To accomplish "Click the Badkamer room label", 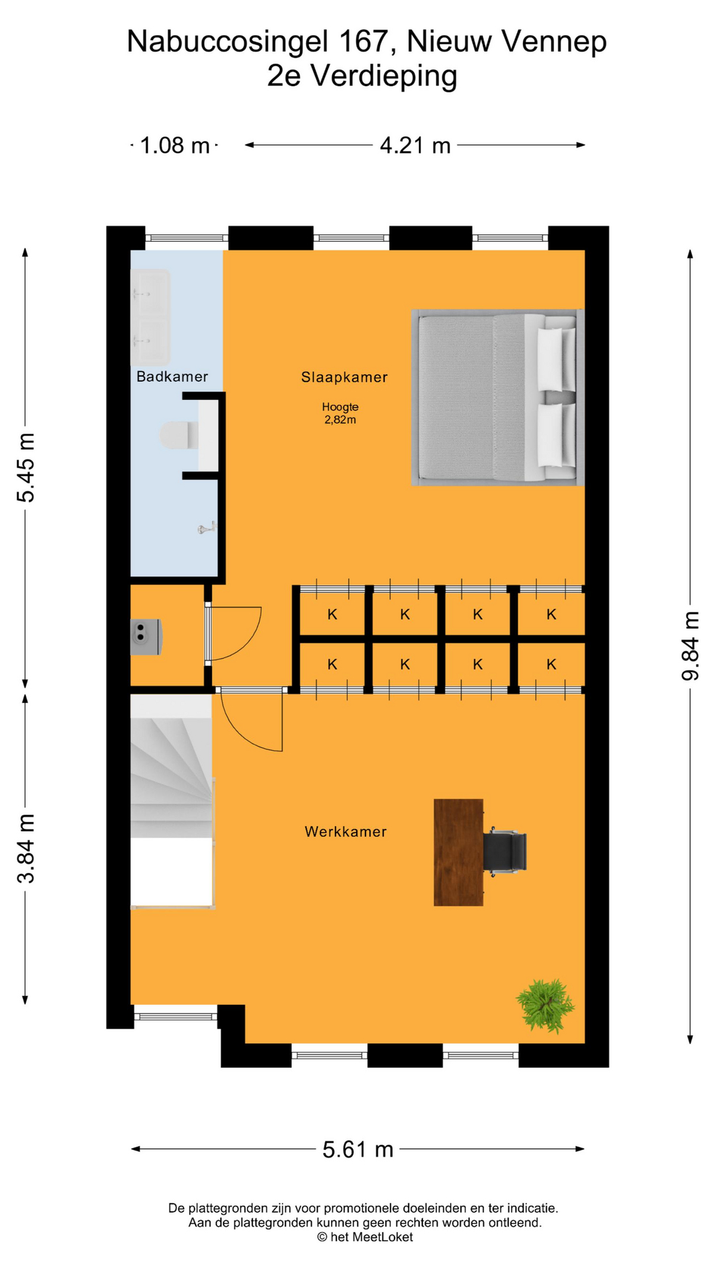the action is pyautogui.click(x=172, y=377).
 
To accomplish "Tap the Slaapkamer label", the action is pyautogui.click(x=344, y=377).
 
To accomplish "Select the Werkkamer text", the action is pyautogui.click(x=346, y=831).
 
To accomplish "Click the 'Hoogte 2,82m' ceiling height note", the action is pyautogui.click(x=340, y=413).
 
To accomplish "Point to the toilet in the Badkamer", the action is pyautogui.click(x=179, y=435).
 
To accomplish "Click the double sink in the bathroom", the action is pyautogui.click(x=150, y=317).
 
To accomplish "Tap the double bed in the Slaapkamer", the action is pyautogui.click(x=497, y=398).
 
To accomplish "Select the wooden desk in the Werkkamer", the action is pyautogui.click(x=458, y=852).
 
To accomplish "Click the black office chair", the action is pyautogui.click(x=505, y=851).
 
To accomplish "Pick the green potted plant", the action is pyautogui.click(x=546, y=1005).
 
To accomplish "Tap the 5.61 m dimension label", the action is pyautogui.click(x=358, y=1150).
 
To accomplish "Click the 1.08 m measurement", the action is pyautogui.click(x=175, y=145).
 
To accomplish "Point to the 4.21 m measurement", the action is pyautogui.click(x=415, y=145).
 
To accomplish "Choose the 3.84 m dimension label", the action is pyautogui.click(x=26, y=849).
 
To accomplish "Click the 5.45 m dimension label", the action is pyautogui.click(x=26, y=468).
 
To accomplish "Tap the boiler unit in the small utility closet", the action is pyautogui.click(x=146, y=637).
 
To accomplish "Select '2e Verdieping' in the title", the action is pyautogui.click(x=362, y=75).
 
